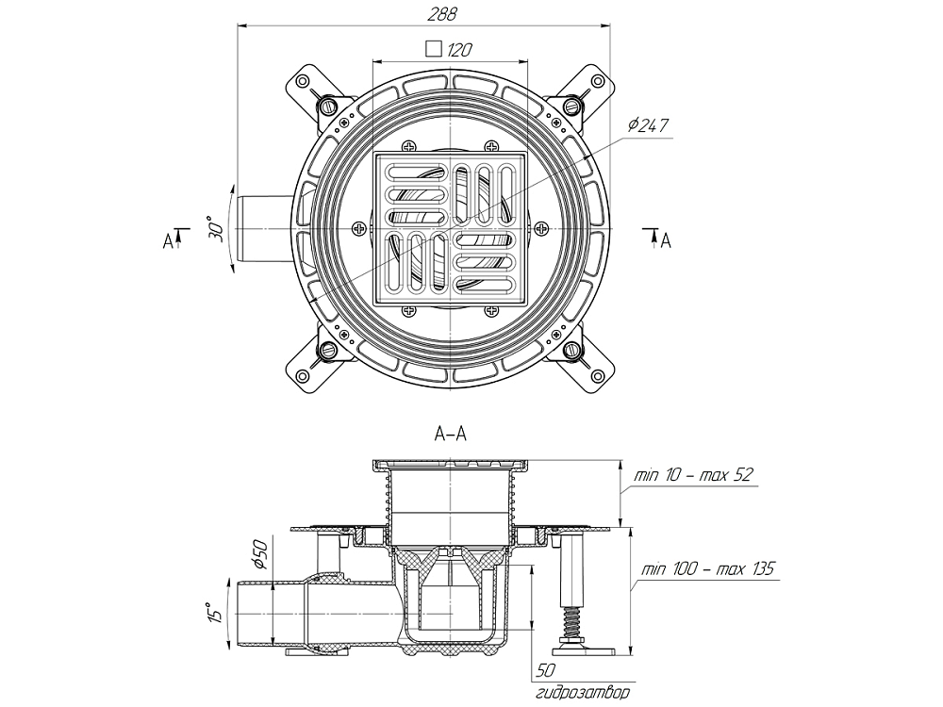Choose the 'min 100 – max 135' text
(x=707, y=568)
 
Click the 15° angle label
(x=216, y=614)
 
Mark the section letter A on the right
(x=666, y=241)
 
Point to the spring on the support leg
(x=571, y=623)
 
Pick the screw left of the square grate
(x=359, y=227)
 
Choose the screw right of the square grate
(x=542, y=227)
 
